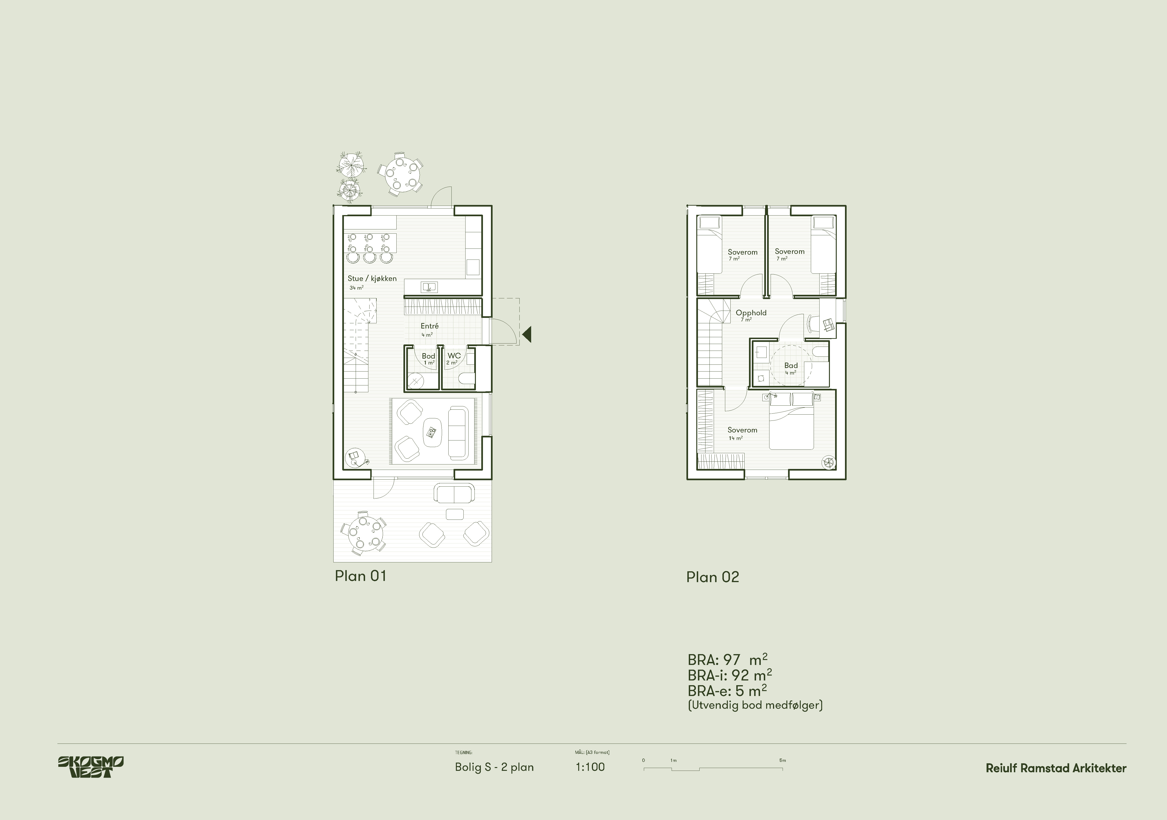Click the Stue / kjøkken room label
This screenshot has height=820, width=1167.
(x=372, y=279)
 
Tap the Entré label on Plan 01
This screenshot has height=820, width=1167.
(x=430, y=326)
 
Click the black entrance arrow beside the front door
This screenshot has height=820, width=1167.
(x=526, y=334)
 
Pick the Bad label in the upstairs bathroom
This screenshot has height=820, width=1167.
(x=791, y=365)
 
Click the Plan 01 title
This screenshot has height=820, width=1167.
(x=360, y=576)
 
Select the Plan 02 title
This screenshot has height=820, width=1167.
(x=713, y=577)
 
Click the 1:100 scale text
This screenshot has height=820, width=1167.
(x=590, y=767)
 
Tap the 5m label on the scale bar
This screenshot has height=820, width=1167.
(x=783, y=760)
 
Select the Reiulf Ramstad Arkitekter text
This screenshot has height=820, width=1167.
(x=1056, y=768)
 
